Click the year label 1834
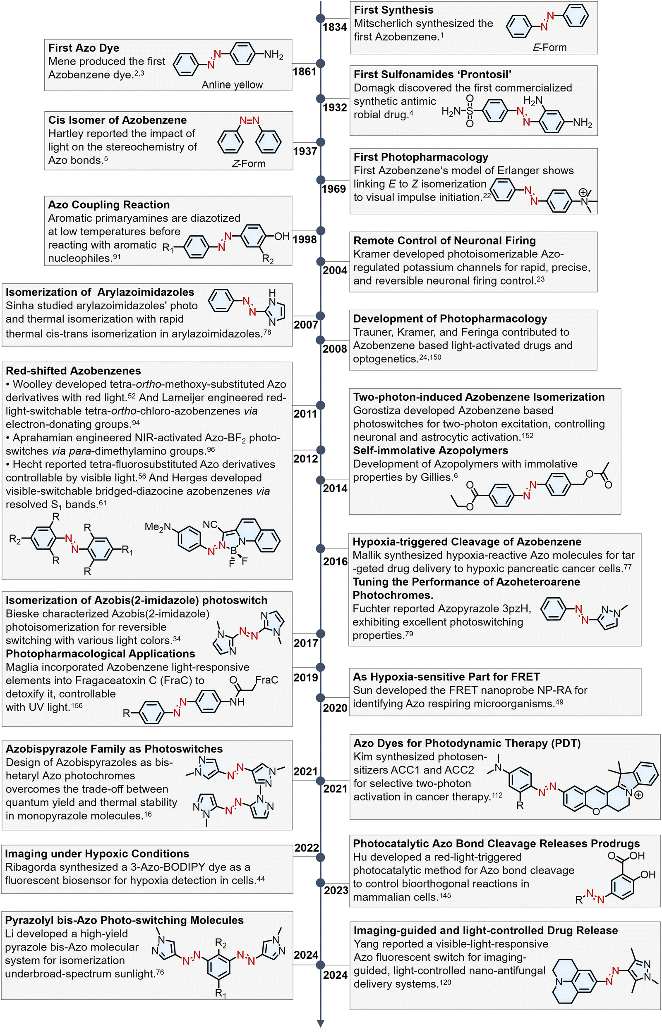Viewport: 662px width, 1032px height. point(334,27)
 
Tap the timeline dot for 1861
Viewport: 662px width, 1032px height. point(320,63)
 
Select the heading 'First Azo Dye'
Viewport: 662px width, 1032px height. point(84,48)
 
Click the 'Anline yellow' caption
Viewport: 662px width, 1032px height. point(232,85)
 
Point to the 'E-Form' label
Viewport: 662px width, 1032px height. point(549,47)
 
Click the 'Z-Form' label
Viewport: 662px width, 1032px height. point(249,164)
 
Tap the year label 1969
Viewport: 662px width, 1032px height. point(333,189)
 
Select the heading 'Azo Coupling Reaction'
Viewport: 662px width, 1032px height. point(109,204)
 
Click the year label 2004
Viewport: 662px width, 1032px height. point(335,270)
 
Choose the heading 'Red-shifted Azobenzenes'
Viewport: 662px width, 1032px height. point(73,371)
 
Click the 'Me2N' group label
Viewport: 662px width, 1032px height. point(158,527)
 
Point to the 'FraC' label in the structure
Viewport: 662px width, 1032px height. point(266,680)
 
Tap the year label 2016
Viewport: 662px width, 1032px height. point(335,561)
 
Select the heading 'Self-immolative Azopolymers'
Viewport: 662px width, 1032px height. point(430,450)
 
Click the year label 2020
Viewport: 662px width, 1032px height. point(335,708)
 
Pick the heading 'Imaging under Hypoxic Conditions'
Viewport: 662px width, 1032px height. point(97,853)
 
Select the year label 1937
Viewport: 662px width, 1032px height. point(305,151)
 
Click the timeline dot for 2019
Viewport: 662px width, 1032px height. point(320,667)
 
